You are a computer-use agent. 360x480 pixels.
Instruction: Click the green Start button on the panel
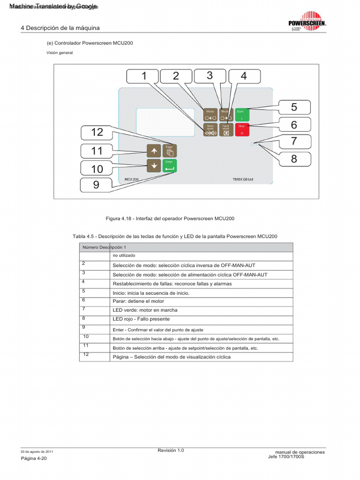pos(242,114)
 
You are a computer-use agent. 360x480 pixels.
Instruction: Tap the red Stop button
pos(242,129)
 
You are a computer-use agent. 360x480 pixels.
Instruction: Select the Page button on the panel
pos(170,150)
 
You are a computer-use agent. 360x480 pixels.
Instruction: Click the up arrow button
pos(154,150)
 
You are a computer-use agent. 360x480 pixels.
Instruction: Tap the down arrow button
pos(154,165)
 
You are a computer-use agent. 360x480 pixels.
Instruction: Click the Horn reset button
pos(210,129)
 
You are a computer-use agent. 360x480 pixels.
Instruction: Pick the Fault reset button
pos(226,129)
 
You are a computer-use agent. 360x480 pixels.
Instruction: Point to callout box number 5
pos(294,107)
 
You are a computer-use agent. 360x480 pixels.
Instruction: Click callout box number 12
pos(97,132)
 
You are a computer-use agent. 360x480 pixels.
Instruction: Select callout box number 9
pos(96,185)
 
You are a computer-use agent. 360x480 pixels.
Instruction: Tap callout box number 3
pos(210,75)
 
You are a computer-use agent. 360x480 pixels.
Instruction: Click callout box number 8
pos(294,159)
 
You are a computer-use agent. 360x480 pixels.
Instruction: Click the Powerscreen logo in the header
pos(307,22)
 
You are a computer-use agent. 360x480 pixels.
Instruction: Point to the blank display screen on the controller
pos(165,122)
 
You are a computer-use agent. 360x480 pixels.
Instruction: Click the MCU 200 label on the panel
pos(132,179)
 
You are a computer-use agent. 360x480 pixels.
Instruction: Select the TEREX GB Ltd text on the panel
pos(243,179)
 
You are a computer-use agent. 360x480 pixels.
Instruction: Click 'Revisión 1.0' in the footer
pos(171,450)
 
